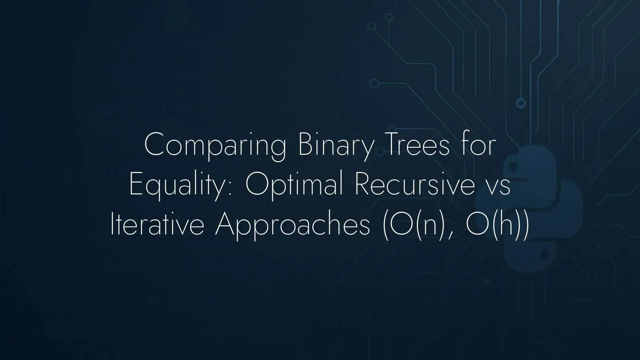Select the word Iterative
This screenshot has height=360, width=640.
click(x=158, y=224)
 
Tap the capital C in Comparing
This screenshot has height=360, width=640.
click(x=156, y=144)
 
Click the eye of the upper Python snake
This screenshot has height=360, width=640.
click(x=513, y=166)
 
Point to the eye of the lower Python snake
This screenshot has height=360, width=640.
click(x=545, y=253)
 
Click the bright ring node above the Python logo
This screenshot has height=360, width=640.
click(x=521, y=103)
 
